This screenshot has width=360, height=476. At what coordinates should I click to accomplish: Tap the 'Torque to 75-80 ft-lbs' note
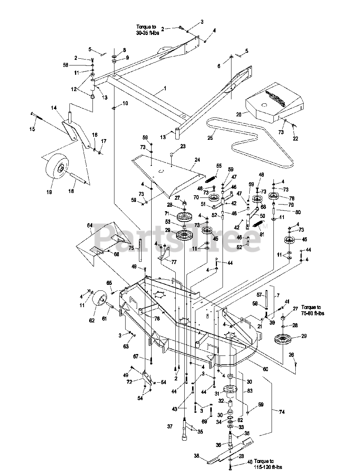[313, 310]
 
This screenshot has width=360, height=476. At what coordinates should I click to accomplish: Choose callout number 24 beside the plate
[197, 160]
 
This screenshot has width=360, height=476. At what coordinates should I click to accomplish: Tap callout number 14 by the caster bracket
[54, 107]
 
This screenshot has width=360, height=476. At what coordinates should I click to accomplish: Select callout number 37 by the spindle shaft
[170, 427]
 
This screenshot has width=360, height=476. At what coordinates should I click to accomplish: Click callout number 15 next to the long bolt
[32, 129]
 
